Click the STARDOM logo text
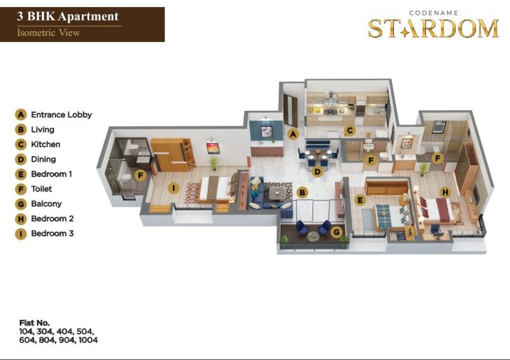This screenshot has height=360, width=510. (x=433, y=28)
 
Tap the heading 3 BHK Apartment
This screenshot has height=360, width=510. (x=68, y=17)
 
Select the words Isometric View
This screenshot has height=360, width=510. (x=48, y=32)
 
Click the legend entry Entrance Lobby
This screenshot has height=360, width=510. (x=61, y=115)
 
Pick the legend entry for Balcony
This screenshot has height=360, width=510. (x=46, y=204)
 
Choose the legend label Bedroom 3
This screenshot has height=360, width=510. (x=52, y=233)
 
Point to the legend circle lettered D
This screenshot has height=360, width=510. (x=21, y=159)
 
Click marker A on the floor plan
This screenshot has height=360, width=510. (x=293, y=134)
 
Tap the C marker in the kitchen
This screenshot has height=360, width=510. (x=349, y=131)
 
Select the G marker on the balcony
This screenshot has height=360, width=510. (x=337, y=232)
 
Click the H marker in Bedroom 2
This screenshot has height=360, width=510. (x=445, y=192)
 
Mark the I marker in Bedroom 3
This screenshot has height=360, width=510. (x=173, y=187)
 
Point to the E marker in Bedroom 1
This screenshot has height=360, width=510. (x=360, y=200)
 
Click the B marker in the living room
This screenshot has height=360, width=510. (x=302, y=192)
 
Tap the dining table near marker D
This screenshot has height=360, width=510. (x=318, y=154)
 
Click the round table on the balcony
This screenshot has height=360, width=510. (x=313, y=236)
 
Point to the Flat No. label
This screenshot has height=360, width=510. (x=34, y=323)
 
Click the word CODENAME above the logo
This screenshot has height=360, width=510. (x=433, y=13)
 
